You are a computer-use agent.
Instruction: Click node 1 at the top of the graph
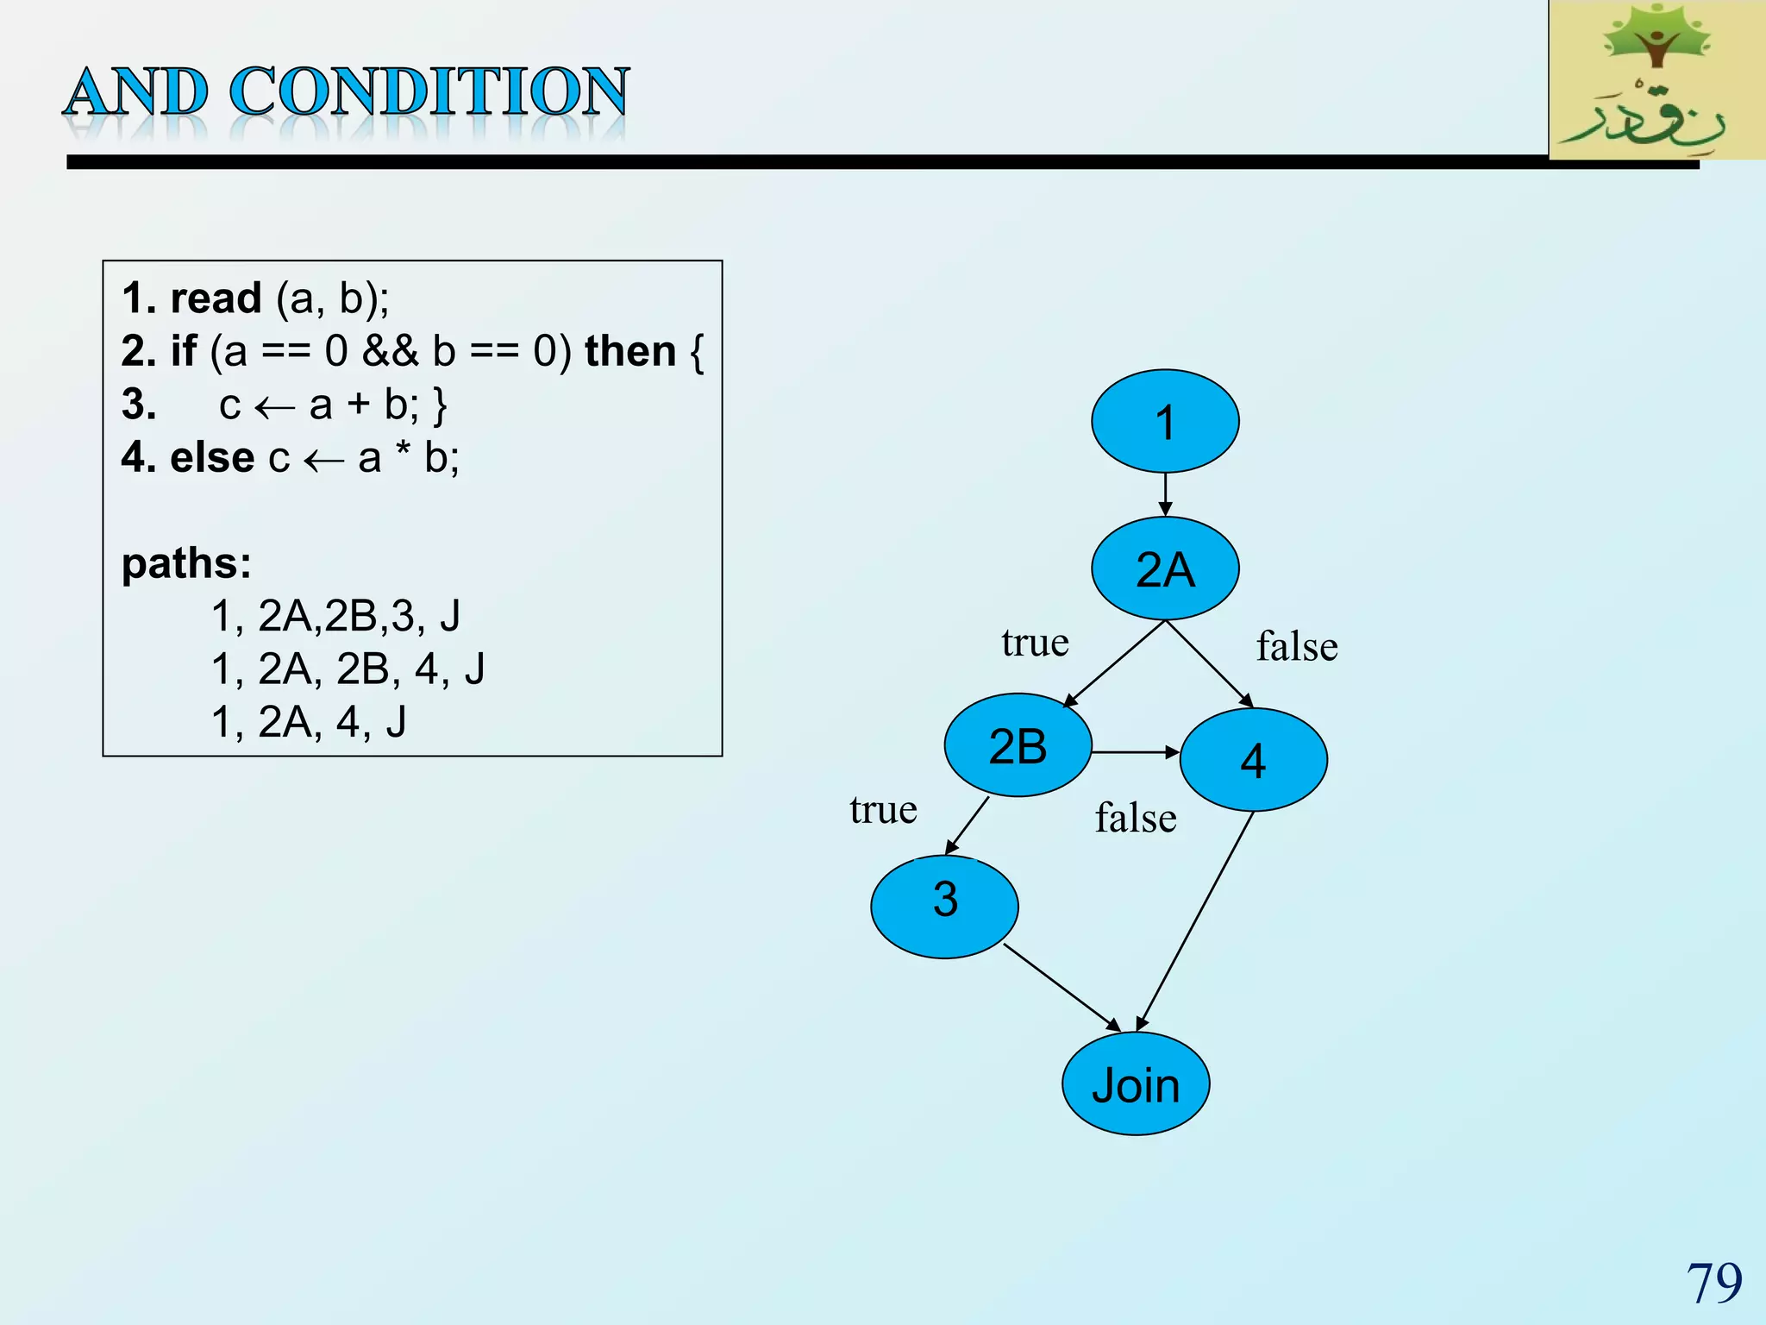point(1165,421)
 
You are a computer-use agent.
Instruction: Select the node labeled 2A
point(1165,568)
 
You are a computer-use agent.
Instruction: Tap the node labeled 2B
point(1018,745)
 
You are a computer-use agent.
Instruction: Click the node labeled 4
point(1253,760)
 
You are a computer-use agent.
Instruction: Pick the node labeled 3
point(945,906)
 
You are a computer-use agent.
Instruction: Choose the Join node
point(1136,1083)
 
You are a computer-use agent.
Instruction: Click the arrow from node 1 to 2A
point(1165,495)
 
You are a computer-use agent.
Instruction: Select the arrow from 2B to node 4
point(1135,752)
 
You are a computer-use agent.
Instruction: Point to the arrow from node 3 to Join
point(1062,988)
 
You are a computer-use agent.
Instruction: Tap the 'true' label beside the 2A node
point(1035,643)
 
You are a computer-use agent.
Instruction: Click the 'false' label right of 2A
point(1297,646)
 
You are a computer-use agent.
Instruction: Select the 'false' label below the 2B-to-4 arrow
point(1136,818)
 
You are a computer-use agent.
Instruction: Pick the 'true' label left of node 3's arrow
point(883,809)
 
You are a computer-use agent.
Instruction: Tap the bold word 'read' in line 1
point(216,298)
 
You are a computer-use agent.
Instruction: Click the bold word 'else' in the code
point(212,457)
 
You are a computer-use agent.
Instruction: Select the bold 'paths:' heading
point(186,563)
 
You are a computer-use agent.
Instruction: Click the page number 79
point(1713,1283)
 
